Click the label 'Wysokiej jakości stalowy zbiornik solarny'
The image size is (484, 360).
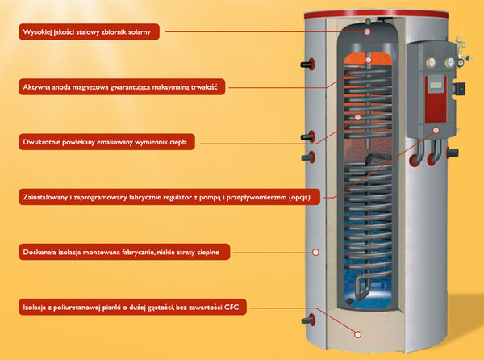click(x=89, y=31)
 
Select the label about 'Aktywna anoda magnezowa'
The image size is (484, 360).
click(x=122, y=86)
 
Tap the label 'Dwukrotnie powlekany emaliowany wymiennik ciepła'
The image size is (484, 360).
click(x=106, y=142)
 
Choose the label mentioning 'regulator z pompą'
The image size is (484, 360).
click(x=169, y=197)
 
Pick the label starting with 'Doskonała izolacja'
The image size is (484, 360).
click(x=124, y=252)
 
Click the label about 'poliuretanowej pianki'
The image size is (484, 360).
click(x=132, y=307)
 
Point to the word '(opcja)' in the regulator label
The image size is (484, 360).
click(x=299, y=197)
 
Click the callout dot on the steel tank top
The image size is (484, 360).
click(x=367, y=31)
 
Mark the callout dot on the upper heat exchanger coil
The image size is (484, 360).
click(x=357, y=117)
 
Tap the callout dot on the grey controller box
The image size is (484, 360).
click(x=436, y=130)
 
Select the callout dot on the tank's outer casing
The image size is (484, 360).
click(x=315, y=253)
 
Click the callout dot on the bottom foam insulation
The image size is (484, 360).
click(x=357, y=334)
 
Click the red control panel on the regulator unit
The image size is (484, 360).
click(x=436, y=98)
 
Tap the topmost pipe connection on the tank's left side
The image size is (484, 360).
click(x=308, y=65)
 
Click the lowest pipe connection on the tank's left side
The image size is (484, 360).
click(x=308, y=320)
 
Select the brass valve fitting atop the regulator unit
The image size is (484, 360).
click(x=461, y=49)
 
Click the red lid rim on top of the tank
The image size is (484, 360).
click(x=376, y=15)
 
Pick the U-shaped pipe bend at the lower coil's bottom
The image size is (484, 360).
click(x=361, y=289)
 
